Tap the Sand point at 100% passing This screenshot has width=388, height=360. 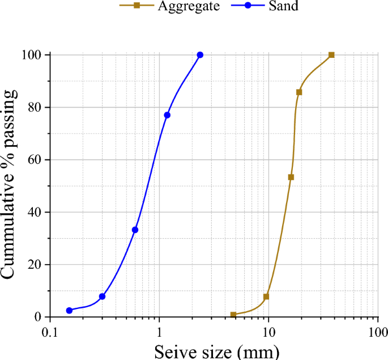click(x=200, y=55)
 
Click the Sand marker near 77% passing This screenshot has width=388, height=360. click(x=167, y=115)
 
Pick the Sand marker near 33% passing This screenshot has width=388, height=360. click(x=135, y=230)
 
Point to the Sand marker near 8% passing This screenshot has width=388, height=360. click(x=102, y=297)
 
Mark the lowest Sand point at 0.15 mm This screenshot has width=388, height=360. click(x=69, y=310)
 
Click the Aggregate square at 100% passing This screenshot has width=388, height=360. click(x=331, y=55)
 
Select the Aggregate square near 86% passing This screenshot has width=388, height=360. click(x=299, y=92)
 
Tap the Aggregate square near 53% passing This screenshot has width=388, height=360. click(x=291, y=177)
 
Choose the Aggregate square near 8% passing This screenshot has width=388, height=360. click(x=266, y=297)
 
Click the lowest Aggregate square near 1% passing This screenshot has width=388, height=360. click(x=233, y=314)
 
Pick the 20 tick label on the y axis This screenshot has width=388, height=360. click(x=35, y=265)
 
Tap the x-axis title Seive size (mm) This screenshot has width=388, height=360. click(x=217, y=351)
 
